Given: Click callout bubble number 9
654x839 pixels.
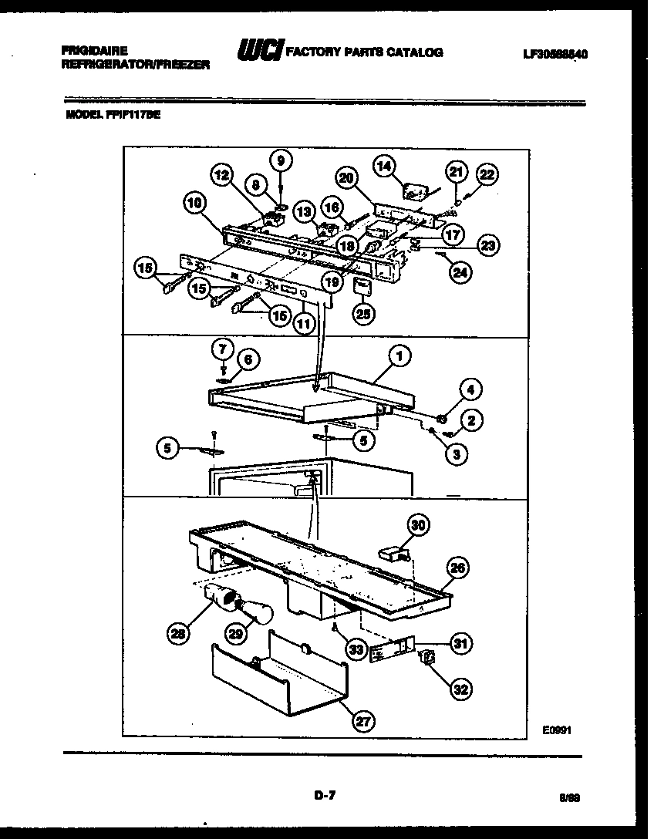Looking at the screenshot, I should click(281, 160).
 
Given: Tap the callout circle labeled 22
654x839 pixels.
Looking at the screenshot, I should click(487, 175).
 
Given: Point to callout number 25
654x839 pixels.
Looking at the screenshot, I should click(363, 312).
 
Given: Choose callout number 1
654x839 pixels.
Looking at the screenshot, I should click(399, 355).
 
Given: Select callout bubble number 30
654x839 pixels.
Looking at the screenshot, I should click(417, 524).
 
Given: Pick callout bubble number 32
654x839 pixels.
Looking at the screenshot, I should click(460, 689).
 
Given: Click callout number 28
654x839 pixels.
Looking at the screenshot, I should click(179, 634).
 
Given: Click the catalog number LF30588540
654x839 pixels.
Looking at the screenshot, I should click(555, 54).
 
